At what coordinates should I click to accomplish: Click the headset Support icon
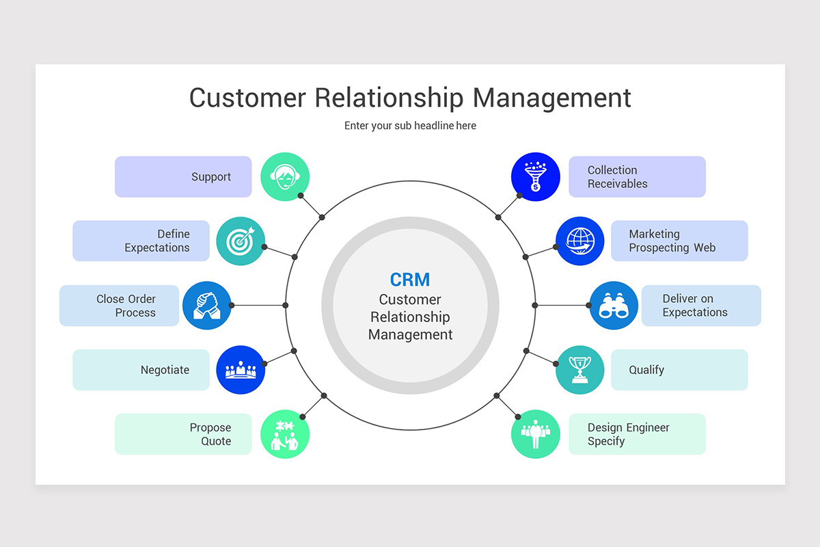click(285, 176)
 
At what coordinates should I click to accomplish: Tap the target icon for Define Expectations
click(241, 241)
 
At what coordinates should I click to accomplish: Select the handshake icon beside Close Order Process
click(207, 305)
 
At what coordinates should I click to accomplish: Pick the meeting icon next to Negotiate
click(241, 370)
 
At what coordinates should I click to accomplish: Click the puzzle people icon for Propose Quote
click(285, 434)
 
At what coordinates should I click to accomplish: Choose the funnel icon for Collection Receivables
click(535, 176)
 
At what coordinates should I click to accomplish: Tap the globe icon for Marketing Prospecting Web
click(580, 241)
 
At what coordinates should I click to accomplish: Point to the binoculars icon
click(614, 305)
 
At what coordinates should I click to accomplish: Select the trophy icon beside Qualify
click(580, 370)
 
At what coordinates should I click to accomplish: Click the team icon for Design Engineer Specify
click(535, 434)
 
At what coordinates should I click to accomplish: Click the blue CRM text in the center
click(410, 280)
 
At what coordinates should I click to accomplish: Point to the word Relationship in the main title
click(388, 98)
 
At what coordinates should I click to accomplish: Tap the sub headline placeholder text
click(410, 126)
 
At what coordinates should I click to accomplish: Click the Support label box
click(183, 177)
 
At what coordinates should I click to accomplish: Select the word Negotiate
click(165, 370)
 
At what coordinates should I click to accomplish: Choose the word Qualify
click(646, 370)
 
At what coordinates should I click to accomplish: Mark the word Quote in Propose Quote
click(216, 442)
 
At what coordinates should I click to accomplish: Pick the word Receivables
click(617, 184)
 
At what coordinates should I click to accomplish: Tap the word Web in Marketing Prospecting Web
click(704, 248)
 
